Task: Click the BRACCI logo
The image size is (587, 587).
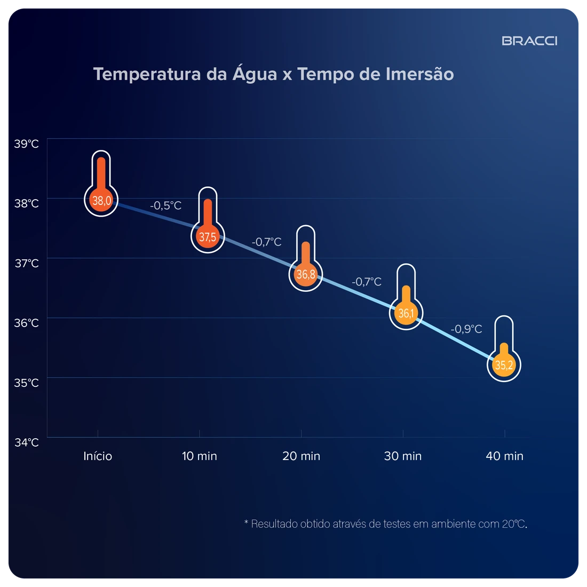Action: (529, 41)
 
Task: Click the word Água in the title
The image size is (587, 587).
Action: (255, 74)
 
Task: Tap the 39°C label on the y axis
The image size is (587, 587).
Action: (26, 144)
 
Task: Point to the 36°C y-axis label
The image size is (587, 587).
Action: (26, 323)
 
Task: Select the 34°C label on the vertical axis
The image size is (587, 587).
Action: (26, 442)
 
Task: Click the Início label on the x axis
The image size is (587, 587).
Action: (98, 456)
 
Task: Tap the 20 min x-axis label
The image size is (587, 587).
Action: (301, 456)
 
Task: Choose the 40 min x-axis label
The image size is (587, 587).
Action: (504, 456)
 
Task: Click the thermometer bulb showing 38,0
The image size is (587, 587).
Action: (101, 201)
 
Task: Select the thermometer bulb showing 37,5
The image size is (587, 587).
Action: (208, 237)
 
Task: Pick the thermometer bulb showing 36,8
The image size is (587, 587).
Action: (306, 275)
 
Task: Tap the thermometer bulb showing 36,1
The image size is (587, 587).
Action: (406, 313)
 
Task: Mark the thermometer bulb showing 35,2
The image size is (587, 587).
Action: (504, 366)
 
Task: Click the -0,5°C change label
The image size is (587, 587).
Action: (165, 205)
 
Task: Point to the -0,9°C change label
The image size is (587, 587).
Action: (466, 329)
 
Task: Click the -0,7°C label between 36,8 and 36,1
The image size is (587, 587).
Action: (366, 282)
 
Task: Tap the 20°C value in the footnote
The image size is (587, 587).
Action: (513, 523)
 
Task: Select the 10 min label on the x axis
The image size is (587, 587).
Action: (199, 456)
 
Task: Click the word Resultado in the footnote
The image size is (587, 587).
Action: (274, 523)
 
